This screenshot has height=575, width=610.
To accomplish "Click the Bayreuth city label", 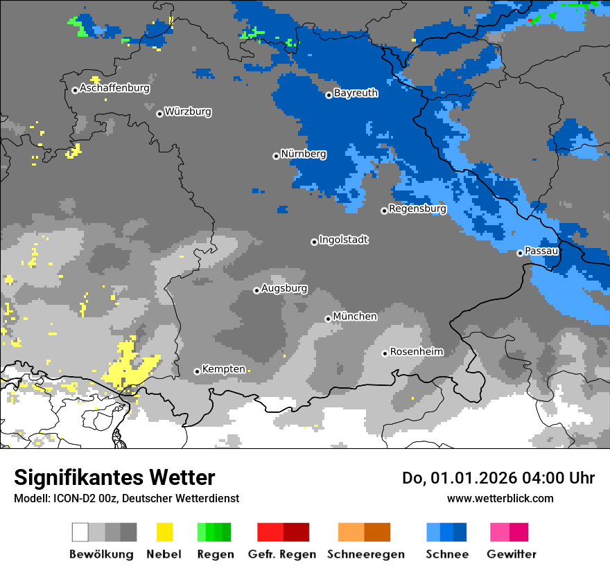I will (x=356, y=93).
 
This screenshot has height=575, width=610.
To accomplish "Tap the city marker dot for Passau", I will (x=520, y=253).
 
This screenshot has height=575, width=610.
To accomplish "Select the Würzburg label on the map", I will (x=188, y=112).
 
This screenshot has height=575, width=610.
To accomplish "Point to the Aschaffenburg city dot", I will (x=75, y=90).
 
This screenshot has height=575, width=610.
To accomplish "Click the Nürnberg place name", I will (x=304, y=154).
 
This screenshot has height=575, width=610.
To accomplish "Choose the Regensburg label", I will (x=417, y=209).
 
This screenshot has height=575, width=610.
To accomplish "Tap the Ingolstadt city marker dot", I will (x=314, y=242).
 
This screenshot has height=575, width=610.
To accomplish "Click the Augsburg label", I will (x=284, y=288).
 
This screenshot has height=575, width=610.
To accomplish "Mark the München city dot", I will (x=328, y=319).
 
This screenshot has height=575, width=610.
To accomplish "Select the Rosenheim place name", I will (x=416, y=352).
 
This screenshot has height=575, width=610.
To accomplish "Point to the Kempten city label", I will (x=223, y=369).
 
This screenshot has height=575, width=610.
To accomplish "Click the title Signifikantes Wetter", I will (x=114, y=477).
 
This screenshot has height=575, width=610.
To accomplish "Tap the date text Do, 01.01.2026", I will (x=457, y=478).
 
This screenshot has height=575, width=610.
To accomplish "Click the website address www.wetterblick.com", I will (x=500, y=498).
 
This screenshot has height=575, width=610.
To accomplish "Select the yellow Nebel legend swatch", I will (x=164, y=532).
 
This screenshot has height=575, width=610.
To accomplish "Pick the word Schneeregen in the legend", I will (x=365, y=554).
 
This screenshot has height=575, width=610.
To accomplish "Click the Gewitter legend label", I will (x=511, y=554).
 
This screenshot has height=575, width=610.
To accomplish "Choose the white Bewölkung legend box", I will (x=80, y=532).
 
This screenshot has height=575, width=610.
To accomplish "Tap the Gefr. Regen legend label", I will (x=282, y=554).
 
